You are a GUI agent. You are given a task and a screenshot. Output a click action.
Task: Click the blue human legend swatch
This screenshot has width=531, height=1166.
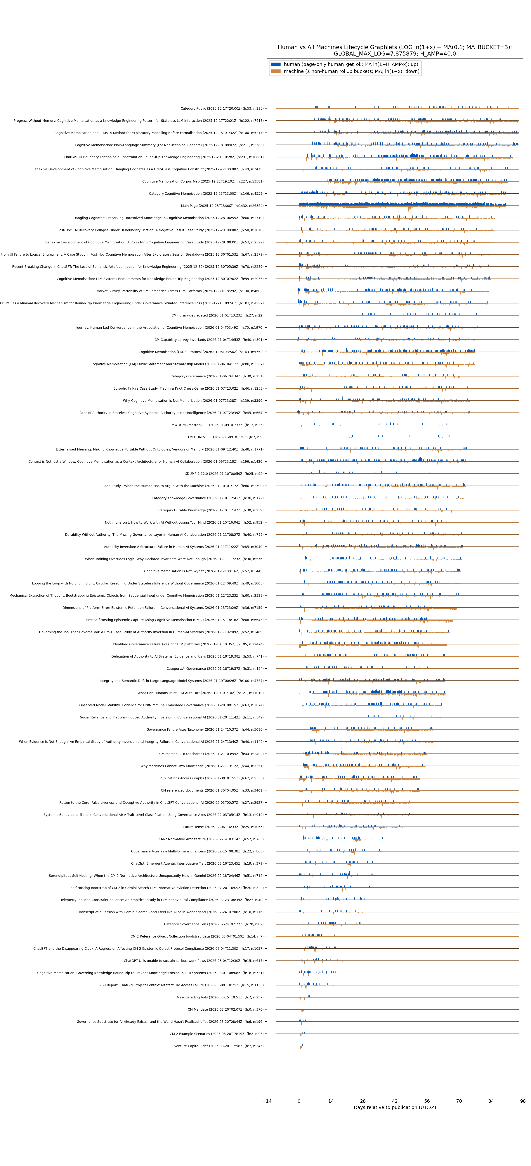275,64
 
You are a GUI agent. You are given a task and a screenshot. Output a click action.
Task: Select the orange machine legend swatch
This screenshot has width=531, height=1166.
275,72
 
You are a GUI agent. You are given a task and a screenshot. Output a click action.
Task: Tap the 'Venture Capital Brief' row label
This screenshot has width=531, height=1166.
219,1046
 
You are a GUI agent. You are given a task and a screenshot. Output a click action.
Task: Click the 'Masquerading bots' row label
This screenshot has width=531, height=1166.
220,997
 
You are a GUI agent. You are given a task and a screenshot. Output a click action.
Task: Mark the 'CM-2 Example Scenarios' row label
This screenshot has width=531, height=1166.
217,1034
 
